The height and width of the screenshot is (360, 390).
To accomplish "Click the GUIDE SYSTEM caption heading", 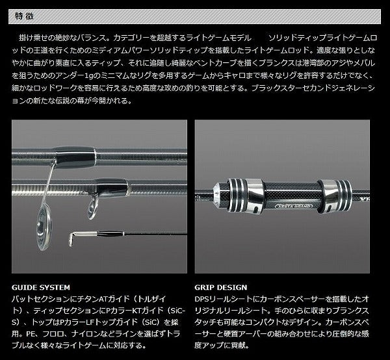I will (x=42, y=287).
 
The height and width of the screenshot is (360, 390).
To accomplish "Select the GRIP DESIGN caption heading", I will (x=222, y=287).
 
